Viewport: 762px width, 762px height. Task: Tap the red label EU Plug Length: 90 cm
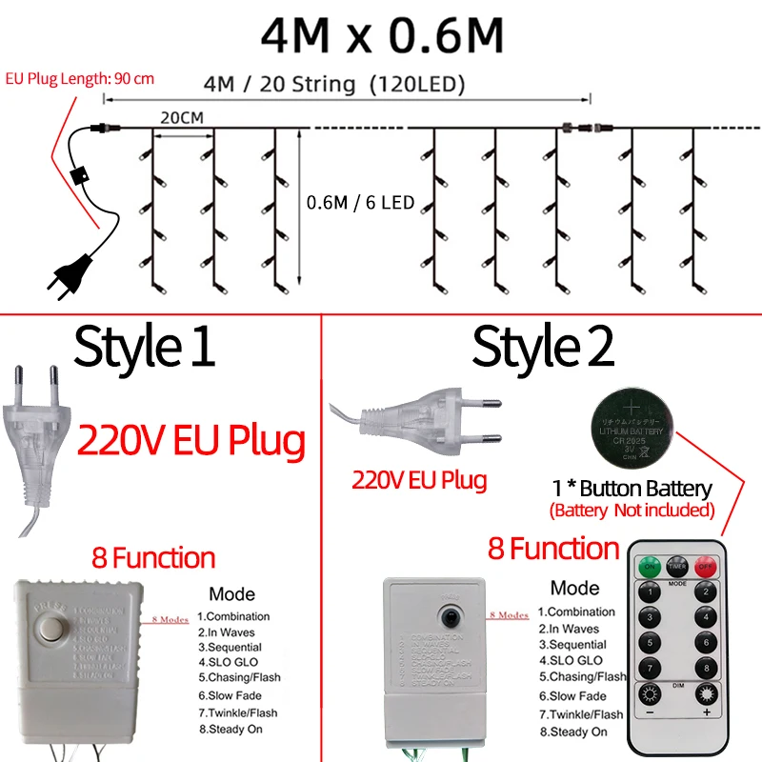pyautogui.click(x=79, y=79)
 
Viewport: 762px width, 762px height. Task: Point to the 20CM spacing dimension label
pyautogui.click(x=182, y=119)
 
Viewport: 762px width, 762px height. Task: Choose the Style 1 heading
pyautogui.click(x=145, y=347)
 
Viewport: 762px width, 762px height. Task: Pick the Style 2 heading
pyautogui.click(x=544, y=347)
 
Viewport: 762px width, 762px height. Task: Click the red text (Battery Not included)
pyautogui.click(x=632, y=511)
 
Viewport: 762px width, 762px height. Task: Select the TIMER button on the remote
pyautogui.click(x=677, y=564)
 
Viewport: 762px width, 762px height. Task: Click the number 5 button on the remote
pyautogui.click(x=650, y=643)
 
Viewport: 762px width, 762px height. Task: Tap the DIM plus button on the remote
pyautogui.click(x=706, y=694)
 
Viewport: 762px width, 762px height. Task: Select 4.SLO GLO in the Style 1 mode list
pyautogui.click(x=229, y=660)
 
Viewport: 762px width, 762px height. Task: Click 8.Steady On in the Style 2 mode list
pyautogui.click(x=572, y=732)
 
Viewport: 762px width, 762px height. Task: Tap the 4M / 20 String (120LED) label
pyautogui.click(x=334, y=84)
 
